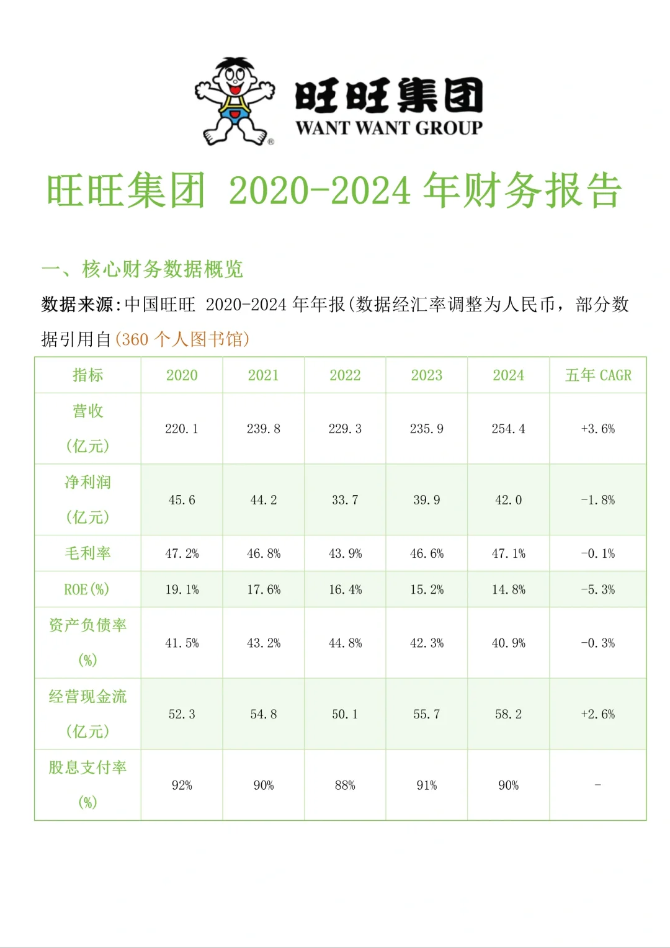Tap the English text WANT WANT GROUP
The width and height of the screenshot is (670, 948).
(x=389, y=128)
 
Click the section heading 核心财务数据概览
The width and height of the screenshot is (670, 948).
(x=163, y=269)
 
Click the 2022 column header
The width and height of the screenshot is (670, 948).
(x=345, y=375)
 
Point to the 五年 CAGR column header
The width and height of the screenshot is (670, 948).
(x=598, y=375)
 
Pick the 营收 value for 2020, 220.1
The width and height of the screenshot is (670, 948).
(x=182, y=429)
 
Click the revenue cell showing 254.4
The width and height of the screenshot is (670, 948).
(x=508, y=429)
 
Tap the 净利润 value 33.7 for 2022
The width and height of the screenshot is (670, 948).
(x=345, y=500)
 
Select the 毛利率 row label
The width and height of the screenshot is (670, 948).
(x=87, y=553)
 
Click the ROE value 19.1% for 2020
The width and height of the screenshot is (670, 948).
(x=182, y=589)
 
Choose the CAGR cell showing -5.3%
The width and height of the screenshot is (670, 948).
(x=598, y=589)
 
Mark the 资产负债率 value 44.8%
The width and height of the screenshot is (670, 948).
(x=345, y=643)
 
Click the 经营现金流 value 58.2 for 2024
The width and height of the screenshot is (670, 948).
(x=508, y=714)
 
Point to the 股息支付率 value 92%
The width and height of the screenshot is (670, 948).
(x=182, y=785)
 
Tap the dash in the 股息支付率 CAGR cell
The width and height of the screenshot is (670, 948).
(x=598, y=785)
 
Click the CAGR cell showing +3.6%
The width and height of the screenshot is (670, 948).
(x=598, y=429)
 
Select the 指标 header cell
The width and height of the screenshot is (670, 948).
(x=87, y=375)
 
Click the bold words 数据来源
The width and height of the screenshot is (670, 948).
(x=77, y=305)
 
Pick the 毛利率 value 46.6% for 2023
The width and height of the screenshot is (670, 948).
(x=427, y=553)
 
